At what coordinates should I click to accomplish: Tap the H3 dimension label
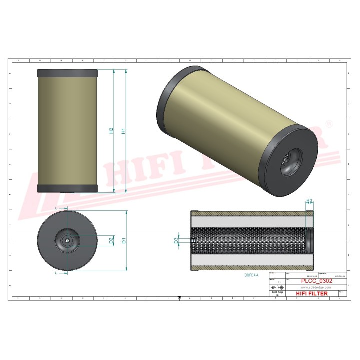click(309, 201)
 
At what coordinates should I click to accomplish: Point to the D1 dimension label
click(123, 241)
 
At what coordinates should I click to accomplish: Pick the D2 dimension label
click(111, 241)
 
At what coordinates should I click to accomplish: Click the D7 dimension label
click(176, 241)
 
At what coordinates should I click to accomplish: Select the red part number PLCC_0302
click(317, 281)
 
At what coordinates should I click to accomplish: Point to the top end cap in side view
click(68, 72)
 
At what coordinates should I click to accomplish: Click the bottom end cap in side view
click(68, 188)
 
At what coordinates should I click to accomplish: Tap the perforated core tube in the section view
click(247, 241)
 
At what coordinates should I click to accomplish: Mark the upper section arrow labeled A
click(63, 207)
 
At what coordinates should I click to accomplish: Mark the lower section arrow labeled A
click(63, 273)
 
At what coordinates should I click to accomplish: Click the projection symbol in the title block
click(276, 288)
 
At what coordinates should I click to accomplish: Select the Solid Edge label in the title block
click(276, 293)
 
